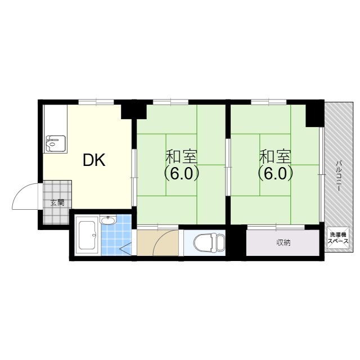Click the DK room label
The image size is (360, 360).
coord(94,160)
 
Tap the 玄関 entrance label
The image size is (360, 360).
coord(57,202)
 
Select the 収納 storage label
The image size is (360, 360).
coord(283,242)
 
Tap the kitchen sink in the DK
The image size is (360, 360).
coord(56,143)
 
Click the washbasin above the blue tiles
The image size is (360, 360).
coord(109,220)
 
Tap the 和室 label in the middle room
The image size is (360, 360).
coord(181,156)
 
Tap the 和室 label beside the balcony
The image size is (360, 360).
coord(275,156)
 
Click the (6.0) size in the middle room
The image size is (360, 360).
coord(181,174)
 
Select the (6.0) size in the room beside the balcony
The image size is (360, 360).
coord(275,174)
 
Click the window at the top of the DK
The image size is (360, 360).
coord(96,102)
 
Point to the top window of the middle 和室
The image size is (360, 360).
coord(170,102)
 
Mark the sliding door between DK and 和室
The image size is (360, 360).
coord(134,178)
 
